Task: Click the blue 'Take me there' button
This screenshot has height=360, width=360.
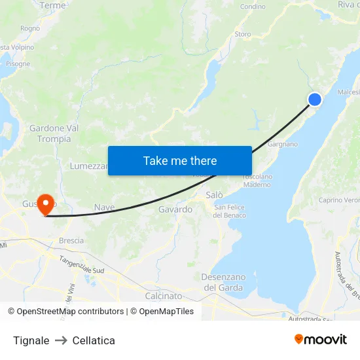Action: coord(180,160)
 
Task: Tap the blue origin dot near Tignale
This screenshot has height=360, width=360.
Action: coord(315,99)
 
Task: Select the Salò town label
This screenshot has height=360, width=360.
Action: coord(214,195)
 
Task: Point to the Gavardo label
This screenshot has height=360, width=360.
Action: coord(175,209)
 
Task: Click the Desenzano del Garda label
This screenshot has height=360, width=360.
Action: coord(223,282)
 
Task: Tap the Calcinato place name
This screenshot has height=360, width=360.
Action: coord(164,296)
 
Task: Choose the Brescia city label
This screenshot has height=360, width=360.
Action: coord(71,240)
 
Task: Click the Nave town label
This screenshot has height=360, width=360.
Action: coord(105,207)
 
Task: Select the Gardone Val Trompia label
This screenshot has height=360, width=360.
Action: coord(54,134)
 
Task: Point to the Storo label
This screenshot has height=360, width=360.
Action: coord(242,34)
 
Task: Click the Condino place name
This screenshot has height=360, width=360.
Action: coord(253,7)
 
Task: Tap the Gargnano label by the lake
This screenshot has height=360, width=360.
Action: coord(283,144)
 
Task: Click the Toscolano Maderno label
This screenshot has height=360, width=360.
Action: coord(257,181)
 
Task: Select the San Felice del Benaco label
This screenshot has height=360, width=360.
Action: coord(230,211)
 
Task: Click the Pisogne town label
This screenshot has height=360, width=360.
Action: coord(18,64)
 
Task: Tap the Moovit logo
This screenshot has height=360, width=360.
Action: coord(320,340)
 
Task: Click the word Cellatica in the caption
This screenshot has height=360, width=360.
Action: coord(94,340)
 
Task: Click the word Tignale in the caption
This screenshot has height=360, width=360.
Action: coord(31,340)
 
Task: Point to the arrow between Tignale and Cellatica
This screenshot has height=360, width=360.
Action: coord(61,340)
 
